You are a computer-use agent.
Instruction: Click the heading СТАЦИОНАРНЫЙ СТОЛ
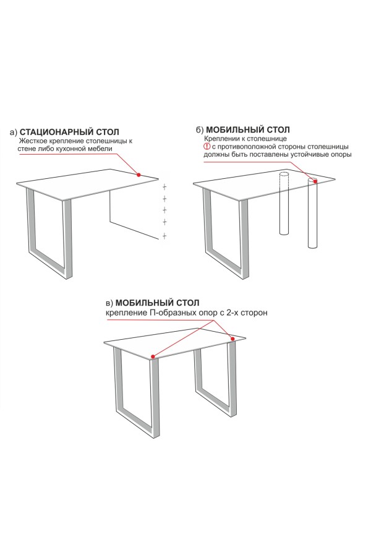click(70, 132)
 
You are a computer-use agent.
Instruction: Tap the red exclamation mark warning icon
click(207, 146)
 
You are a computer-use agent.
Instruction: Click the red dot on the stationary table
click(139, 175)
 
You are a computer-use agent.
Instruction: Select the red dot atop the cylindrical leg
click(315, 181)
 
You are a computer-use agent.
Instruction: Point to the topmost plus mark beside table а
click(164, 186)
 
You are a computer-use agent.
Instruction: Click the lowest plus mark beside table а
click(164, 236)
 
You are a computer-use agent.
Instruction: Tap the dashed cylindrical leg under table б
click(284, 203)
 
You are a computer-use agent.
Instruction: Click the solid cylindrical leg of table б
click(313, 213)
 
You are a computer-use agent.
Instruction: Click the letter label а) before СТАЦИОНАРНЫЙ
click(14, 132)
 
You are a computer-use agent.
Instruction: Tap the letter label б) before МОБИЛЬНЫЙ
click(200, 130)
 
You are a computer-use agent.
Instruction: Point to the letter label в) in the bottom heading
click(109, 303)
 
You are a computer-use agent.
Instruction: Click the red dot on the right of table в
click(233, 339)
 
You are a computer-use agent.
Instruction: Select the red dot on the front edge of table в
click(153, 356)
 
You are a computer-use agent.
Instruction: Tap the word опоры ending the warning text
click(342, 155)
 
